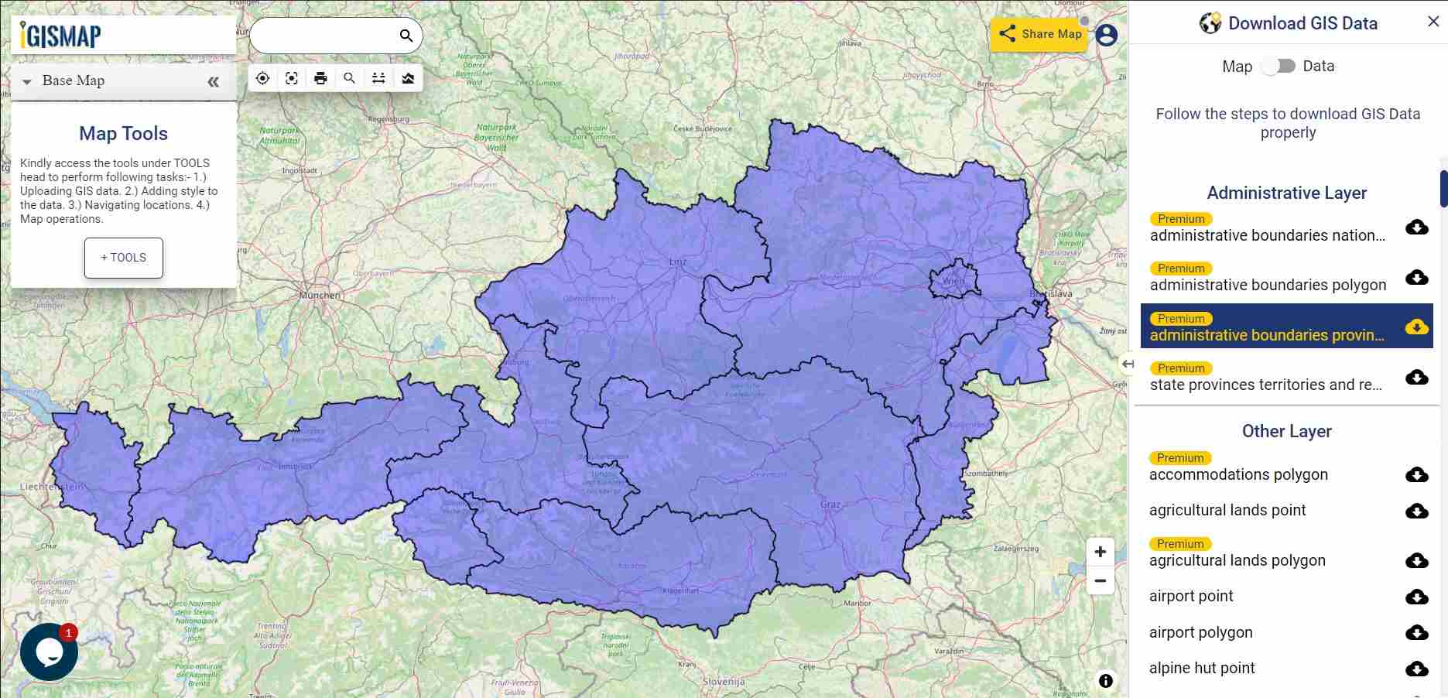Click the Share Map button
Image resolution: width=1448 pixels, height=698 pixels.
tap(1039, 34)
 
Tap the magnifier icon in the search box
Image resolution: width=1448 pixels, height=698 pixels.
tap(406, 36)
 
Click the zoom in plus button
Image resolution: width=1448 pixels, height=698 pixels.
tap(1100, 552)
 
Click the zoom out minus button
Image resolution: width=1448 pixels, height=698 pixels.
tap(1100, 581)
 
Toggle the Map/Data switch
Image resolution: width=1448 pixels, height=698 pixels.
tap(1278, 67)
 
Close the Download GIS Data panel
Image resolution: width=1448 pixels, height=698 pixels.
tap(1433, 22)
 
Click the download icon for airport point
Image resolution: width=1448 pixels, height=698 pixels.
tap(1416, 597)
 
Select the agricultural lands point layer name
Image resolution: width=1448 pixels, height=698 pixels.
tap(1227, 510)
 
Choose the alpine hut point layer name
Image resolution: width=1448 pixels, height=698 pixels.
tap(1201, 668)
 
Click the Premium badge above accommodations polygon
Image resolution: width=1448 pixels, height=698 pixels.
tap(1180, 458)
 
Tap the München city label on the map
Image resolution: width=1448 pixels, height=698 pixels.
tap(320, 295)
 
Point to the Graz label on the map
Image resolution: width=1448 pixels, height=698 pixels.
tap(830, 505)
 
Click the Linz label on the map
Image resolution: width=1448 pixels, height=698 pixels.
tap(677, 262)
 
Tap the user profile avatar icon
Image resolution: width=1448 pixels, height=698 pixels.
tap(1107, 35)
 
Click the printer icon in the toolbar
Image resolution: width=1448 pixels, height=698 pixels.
tap(320, 78)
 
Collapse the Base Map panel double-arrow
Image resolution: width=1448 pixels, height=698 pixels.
tap(214, 82)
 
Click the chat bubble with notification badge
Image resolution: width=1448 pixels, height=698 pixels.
tap(49, 652)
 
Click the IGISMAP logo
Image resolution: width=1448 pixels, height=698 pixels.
tap(61, 35)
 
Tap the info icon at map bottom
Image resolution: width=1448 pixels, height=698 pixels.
tap(1106, 680)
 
